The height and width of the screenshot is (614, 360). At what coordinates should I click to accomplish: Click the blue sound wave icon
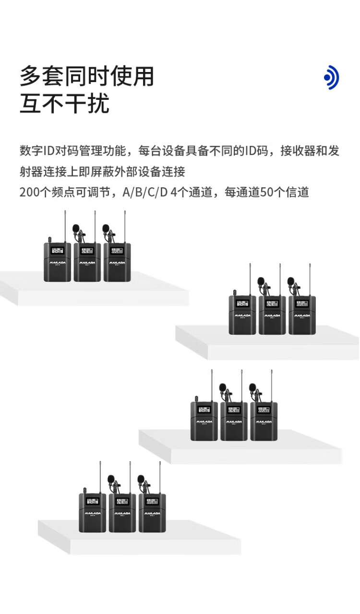(x=332, y=77)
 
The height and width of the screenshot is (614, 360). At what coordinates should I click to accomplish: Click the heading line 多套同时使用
(x=87, y=77)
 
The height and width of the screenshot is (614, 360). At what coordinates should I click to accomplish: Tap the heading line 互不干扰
(x=64, y=104)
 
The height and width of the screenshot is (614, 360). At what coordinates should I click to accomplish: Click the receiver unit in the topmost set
(x=57, y=262)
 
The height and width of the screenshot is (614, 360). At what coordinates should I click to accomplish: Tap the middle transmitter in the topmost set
(x=87, y=262)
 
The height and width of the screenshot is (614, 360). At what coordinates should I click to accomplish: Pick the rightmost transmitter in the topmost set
(x=117, y=262)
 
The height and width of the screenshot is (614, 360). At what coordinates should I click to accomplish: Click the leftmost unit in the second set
(x=242, y=315)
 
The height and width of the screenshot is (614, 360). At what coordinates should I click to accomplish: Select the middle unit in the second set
(x=272, y=315)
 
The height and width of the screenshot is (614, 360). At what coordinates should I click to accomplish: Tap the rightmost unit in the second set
(x=302, y=315)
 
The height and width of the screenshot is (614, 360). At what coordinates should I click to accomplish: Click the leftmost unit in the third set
(x=204, y=421)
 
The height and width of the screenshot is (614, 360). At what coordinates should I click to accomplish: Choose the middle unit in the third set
(x=234, y=421)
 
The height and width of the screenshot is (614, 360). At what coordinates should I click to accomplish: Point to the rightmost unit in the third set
(x=264, y=421)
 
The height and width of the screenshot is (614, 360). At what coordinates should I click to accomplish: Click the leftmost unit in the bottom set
(x=92, y=513)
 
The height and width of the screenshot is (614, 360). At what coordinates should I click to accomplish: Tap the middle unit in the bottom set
(x=122, y=513)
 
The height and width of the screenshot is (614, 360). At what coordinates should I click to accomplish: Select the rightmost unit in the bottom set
(x=152, y=513)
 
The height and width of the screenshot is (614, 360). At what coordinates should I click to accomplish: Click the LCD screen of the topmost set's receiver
(x=57, y=251)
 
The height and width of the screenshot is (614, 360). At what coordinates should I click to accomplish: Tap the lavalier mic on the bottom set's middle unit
(x=111, y=479)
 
